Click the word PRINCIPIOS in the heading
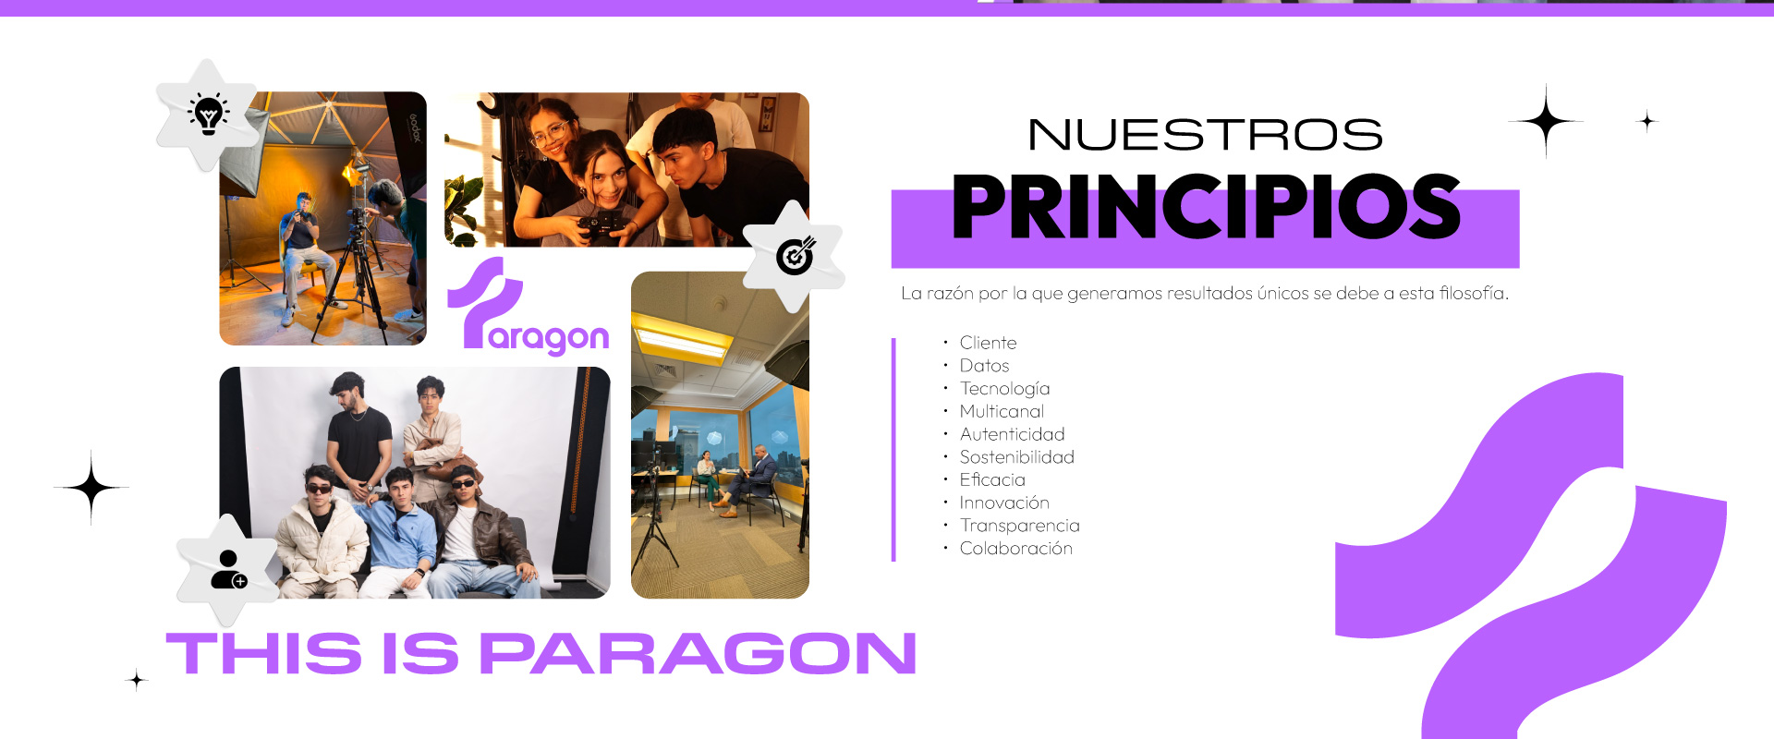pyautogui.click(x=1206, y=206)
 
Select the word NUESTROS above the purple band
pyautogui.click(x=1205, y=135)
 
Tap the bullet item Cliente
pyautogui.click(x=988, y=343)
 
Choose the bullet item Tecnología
pyautogui.click(x=1004, y=389)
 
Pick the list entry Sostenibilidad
pyautogui.click(x=1016, y=457)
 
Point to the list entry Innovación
pyautogui.click(x=1004, y=503)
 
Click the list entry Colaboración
pyautogui.click(x=1015, y=549)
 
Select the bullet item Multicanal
pyautogui.click(x=1002, y=411)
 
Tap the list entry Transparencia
pyautogui.click(x=1019, y=526)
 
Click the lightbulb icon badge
pyautogui.click(x=208, y=115)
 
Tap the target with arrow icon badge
pyautogui.click(x=795, y=256)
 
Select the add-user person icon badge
pyautogui.click(x=228, y=570)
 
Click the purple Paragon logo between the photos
pyautogui.click(x=527, y=307)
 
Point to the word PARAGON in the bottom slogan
pyautogui.click(x=698, y=654)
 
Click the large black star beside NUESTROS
pyautogui.click(x=1546, y=121)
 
